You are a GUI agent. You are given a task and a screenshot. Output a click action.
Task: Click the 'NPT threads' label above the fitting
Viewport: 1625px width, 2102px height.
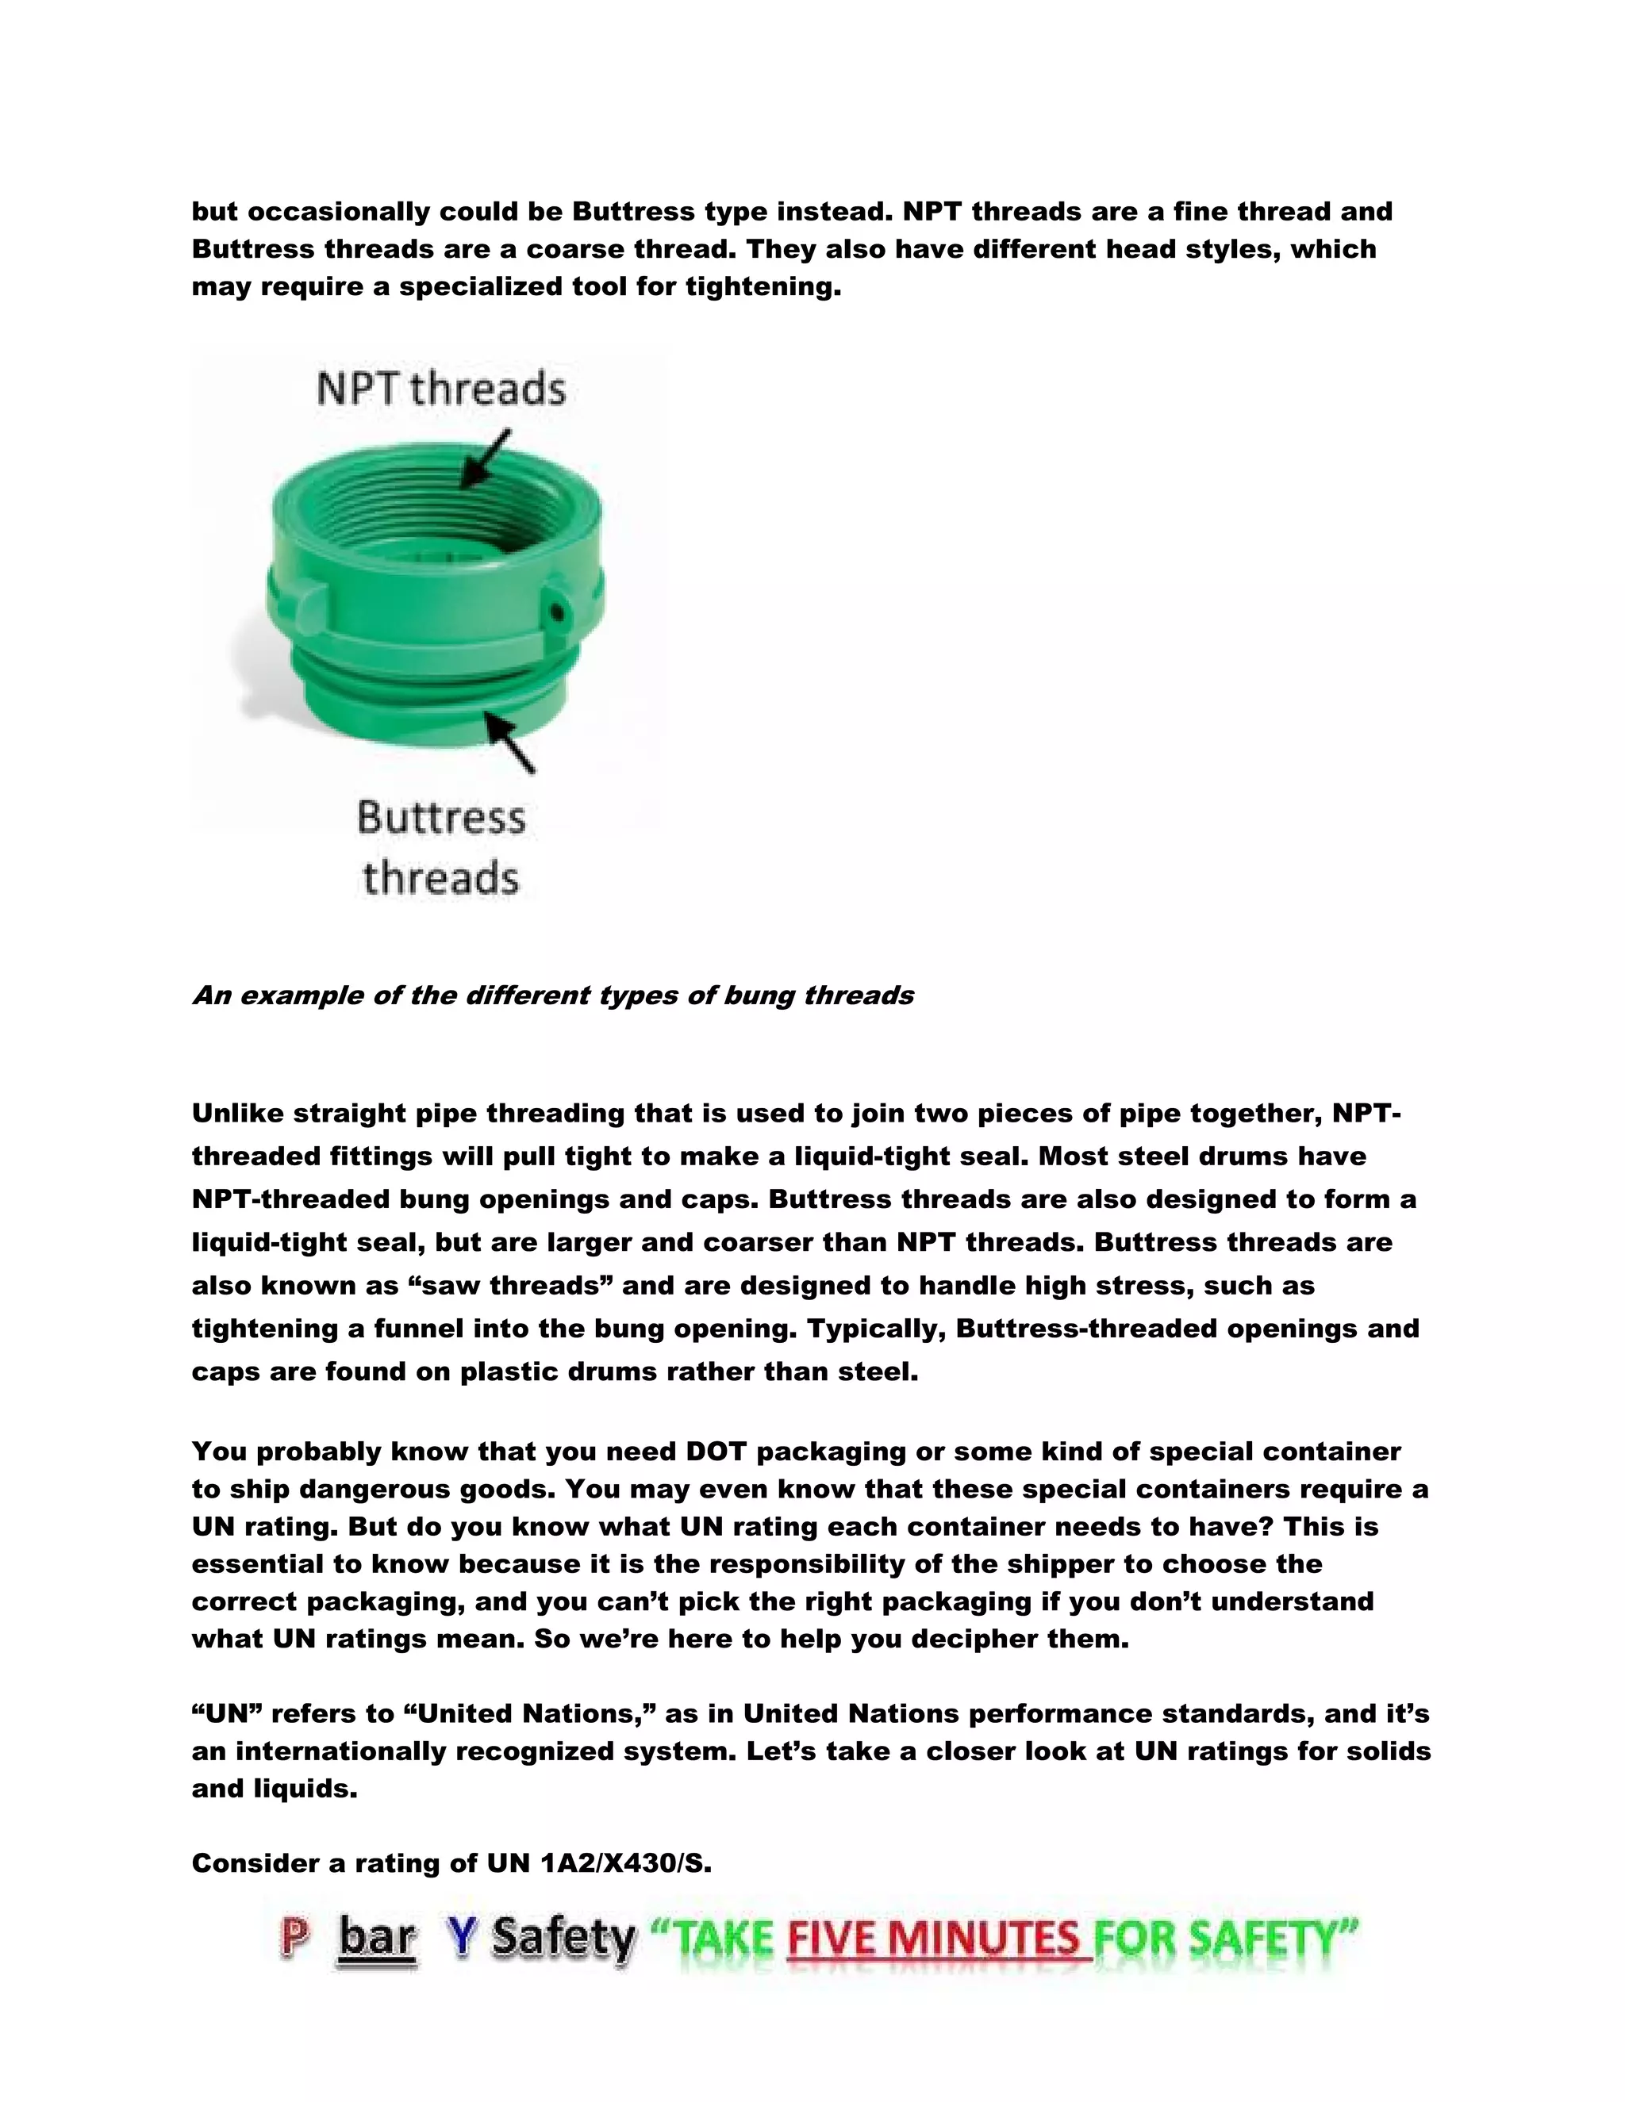click(441, 389)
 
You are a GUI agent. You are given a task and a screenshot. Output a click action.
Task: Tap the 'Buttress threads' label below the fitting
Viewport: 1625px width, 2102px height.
click(441, 847)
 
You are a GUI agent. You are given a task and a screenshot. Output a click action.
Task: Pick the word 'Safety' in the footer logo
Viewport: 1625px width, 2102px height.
click(563, 1938)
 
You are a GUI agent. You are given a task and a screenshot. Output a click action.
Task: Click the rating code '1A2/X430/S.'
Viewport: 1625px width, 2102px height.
click(626, 1863)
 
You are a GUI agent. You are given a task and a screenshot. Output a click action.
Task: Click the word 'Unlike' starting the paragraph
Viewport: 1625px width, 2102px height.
click(238, 1114)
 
